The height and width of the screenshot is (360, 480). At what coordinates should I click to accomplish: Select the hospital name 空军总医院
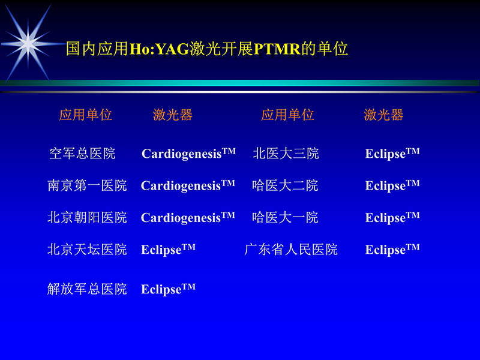[82, 154]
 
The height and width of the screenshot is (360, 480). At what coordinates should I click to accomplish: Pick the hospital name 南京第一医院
[87, 185]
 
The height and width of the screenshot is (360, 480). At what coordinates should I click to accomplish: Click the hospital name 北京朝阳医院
[87, 217]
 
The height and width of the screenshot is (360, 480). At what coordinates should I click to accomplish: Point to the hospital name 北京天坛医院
[87, 249]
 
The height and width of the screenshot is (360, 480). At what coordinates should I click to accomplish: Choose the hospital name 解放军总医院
[87, 289]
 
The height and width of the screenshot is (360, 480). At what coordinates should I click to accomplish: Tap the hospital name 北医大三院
[286, 154]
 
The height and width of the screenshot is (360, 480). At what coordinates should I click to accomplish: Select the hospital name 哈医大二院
[285, 185]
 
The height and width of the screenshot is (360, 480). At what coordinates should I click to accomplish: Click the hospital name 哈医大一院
[285, 217]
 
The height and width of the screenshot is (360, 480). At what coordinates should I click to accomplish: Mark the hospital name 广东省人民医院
[291, 249]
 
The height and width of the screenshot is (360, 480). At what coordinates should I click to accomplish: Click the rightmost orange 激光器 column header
[383, 115]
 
